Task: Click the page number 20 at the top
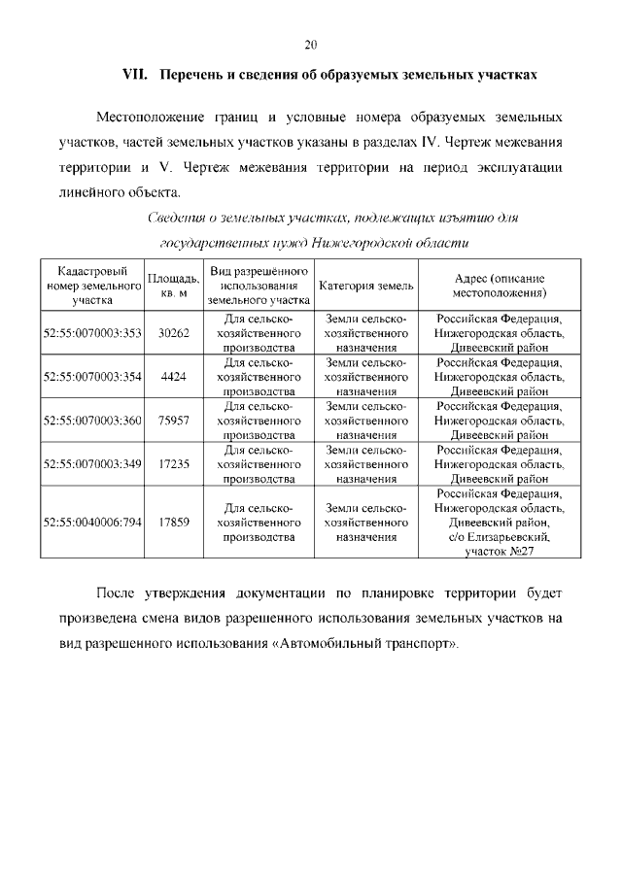311,45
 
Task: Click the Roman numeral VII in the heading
133,75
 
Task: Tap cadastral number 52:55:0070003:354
93,377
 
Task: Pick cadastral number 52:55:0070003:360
93,421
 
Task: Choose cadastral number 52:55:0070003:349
93,464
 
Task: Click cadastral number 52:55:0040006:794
93,522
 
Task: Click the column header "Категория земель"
365,286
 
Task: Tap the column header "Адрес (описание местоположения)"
500,286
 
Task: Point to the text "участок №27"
500,551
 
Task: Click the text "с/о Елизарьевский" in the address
500,536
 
